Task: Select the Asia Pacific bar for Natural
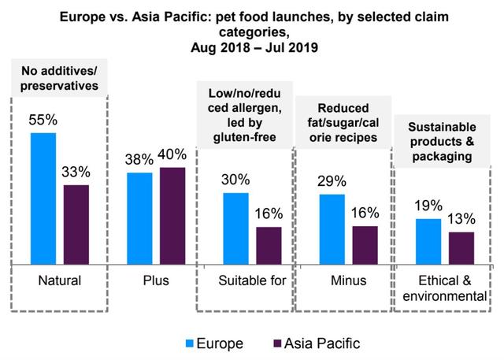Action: [x=76, y=224]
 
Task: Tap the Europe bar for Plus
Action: [x=139, y=217]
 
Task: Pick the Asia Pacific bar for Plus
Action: [x=172, y=215]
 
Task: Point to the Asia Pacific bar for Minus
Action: [x=365, y=244]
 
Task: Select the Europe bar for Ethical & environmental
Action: [x=428, y=240]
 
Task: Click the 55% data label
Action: [x=44, y=122]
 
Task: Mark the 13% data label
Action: [x=461, y=221]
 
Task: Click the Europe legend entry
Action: [x=217, y=343]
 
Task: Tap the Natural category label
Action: [x=60, y=280]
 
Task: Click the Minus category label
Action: [x=348, y=280]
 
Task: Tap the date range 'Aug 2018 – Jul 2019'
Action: [x=252, y=47]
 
